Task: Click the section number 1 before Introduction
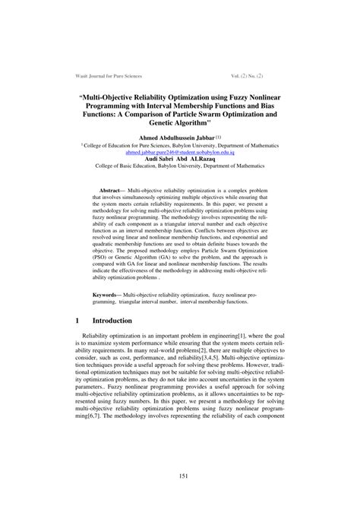coord(77,321)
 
